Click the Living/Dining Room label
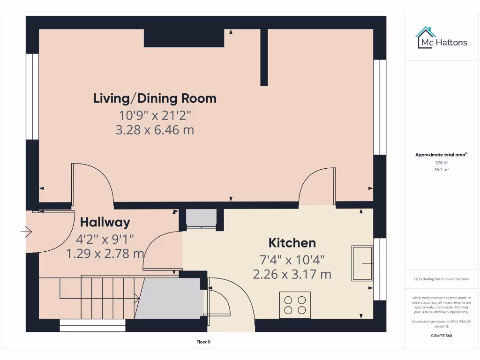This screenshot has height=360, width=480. coord(155,98)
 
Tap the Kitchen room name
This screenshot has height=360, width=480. coord(292,243)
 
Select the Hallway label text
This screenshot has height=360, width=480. coord(105,222)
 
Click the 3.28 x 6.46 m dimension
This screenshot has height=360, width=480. coord(155,130)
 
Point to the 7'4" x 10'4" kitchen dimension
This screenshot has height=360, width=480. coord(292,259)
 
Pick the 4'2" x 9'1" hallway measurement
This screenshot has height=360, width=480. coord(105,239)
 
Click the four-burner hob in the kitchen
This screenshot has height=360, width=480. coord(295,305)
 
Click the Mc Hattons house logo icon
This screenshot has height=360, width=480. coord(426,37)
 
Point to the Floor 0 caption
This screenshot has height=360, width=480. coord(203,342)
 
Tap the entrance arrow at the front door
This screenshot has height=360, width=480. coord(26,232)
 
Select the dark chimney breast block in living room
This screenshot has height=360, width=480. coord(184,38)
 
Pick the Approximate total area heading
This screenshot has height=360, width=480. coord(442,155)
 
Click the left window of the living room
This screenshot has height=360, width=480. coord(32,97)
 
